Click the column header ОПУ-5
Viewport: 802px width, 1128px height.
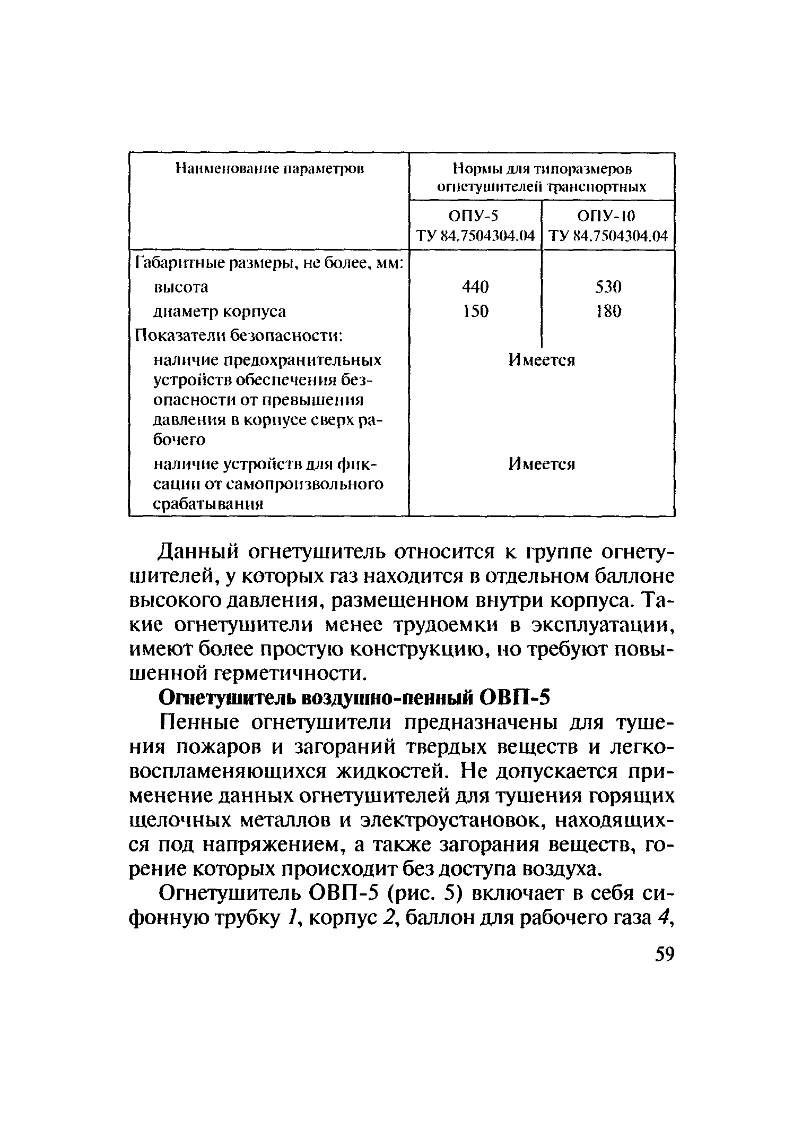point(474,216)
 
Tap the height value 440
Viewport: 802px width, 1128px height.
point(475,287)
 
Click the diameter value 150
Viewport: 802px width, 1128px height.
point(475,311)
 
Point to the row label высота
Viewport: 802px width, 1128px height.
point(181,287)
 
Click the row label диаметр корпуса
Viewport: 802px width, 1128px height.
point(220,311)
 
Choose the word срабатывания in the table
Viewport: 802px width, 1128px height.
point(208,504)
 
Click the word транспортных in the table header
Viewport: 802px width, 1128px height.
point(596,187)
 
